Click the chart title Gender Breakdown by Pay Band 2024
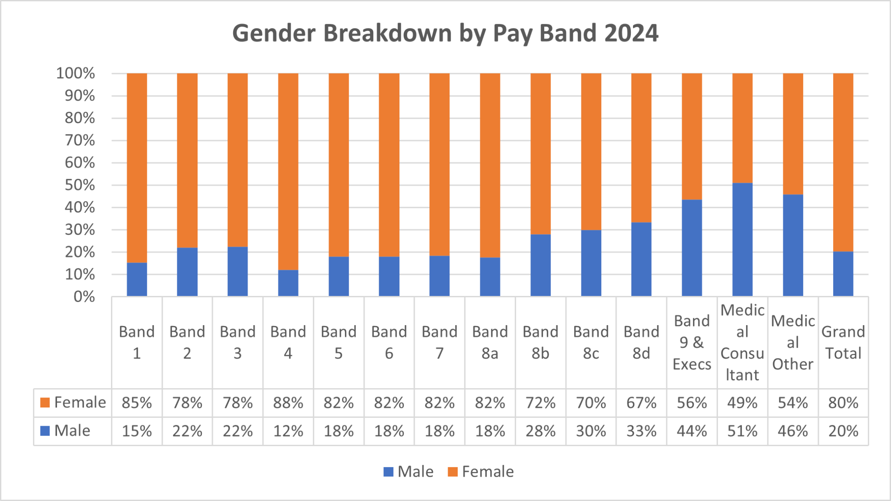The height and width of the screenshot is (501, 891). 445,33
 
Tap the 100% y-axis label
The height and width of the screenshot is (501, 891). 75,73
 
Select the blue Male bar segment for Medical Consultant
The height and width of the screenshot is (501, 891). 742,239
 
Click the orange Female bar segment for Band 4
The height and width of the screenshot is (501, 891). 288,171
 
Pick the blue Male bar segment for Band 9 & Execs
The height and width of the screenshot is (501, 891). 692,248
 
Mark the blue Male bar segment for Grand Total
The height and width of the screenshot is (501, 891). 843,274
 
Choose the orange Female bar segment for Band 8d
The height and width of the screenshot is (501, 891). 641,148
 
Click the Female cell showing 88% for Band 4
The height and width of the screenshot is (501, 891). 288,403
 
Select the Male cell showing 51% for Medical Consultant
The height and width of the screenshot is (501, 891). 742,431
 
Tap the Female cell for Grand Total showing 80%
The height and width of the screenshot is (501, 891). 843,403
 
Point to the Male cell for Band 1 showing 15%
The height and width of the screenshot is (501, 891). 137,431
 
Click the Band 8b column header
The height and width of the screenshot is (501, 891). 540,343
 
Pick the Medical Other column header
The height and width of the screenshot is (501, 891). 793,343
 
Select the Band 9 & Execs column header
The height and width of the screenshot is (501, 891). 692,343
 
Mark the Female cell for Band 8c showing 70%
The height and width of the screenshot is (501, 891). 591,403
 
